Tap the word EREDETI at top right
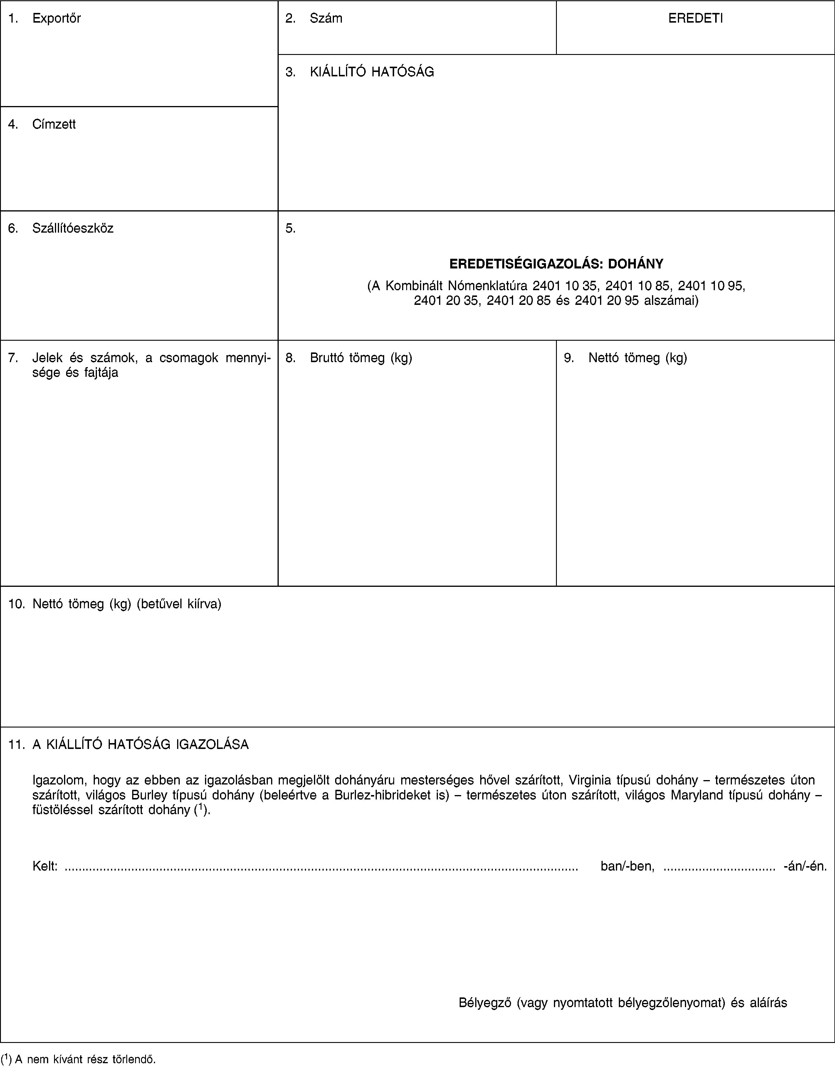(695, 19)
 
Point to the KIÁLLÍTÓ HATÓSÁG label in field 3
(372, 72)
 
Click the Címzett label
(54, 124)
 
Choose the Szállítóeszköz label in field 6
(73, 229)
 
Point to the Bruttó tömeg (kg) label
(361, 358)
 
